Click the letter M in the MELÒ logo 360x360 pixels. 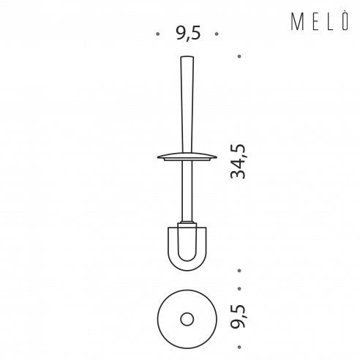pos(297,22)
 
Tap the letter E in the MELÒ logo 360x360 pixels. pos(315,22)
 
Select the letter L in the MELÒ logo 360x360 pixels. pos(331,22)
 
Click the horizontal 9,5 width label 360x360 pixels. pos(189,34)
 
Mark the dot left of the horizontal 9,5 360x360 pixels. pos(158,34)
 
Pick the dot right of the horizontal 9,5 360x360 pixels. pos(217,34)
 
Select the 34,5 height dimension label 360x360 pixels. pos(238,162)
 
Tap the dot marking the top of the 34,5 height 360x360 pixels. pos(239,56)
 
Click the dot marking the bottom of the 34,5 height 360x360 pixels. pos(239,271)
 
